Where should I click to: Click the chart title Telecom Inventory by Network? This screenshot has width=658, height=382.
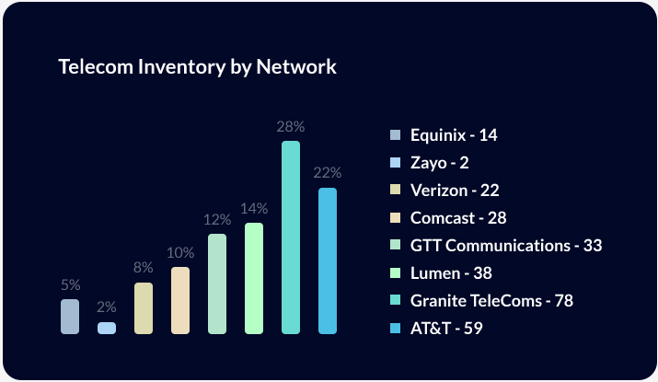tap(197, 67)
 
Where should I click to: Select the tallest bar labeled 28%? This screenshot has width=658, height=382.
tap(291, 237)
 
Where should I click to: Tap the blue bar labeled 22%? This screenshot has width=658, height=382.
tap(328, 260)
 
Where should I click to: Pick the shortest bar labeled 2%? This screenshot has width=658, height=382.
tap(107, 328)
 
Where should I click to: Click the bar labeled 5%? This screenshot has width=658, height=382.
tap(70, 316)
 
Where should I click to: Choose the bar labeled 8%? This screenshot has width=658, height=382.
tap(144, 308)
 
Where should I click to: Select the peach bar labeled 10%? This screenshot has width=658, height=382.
tap(180, 300)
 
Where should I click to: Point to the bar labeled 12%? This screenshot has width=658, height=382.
tap(217, 284)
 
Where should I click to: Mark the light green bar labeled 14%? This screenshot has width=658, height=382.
tap(254, 278)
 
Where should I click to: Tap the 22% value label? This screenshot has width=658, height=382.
tap(328, 173)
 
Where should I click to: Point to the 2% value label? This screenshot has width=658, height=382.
tap(107, 307)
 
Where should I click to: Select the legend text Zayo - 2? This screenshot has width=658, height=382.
tap(440, 163)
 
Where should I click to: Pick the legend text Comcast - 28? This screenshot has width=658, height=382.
tap(458, 218)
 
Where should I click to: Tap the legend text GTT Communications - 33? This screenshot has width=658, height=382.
tap(505, 246)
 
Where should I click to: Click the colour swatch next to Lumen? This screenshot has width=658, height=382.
tap(396, 273)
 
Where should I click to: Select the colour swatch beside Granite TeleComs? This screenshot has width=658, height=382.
tap(396, 301)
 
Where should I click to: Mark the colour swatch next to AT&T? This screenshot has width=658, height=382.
tap(396, 329)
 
